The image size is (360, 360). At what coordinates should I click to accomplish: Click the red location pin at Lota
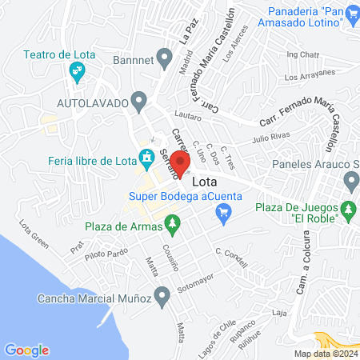click(181, 162)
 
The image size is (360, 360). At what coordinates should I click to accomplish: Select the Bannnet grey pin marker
click(166, 58)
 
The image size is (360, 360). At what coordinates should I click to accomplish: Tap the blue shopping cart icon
click(224, 211)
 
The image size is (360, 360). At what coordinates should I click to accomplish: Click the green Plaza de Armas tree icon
click(170, 223)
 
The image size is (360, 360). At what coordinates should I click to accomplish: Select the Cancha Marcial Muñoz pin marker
click(163, 298)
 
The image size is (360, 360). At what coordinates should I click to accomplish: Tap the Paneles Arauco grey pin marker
click(350, 182)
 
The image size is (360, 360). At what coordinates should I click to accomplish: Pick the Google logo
click(26, 350)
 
